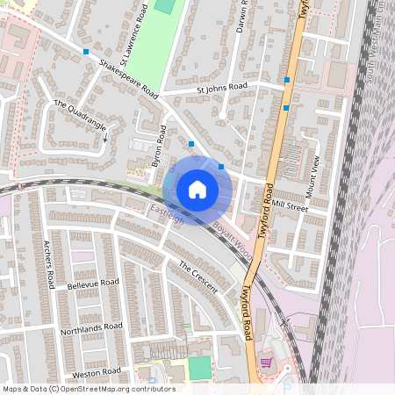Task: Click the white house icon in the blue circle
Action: coord(197,189)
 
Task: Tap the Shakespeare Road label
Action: coord(127,78)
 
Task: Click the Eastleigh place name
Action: coord(167,212)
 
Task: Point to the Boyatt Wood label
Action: coord(232,238)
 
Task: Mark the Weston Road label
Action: coord(97,373)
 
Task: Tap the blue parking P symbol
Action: coord(286,386)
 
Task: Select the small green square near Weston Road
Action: coord(200,367)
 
